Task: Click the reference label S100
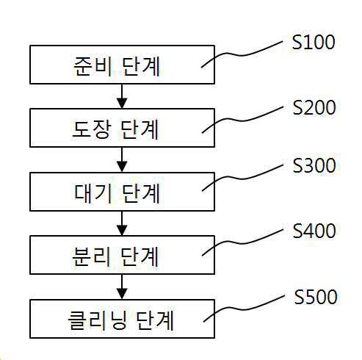314,42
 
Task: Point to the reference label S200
314,108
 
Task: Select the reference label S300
314,166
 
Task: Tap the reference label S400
314,231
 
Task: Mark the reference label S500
315,298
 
